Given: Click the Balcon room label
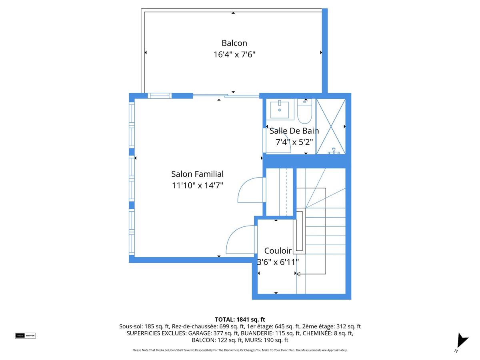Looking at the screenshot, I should [x=234, y=43].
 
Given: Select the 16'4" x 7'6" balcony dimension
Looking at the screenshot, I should [x=234, y=54].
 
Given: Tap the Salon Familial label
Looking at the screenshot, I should [x=197, y=174].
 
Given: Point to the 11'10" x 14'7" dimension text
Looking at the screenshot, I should [x=197, y=185].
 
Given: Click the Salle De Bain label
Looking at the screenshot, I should [x=294, y=131].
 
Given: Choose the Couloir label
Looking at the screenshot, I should [x=278, y=251].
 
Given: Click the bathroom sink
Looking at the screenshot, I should [x=280, y=109].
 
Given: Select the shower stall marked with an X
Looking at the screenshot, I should [x=330, y=126].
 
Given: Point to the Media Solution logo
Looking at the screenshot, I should [x=25, y=335].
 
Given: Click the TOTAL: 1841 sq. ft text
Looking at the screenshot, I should [x=240, y=319].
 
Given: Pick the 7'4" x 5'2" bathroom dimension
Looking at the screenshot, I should [x=294, y=142].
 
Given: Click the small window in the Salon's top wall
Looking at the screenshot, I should [x=160, y=96].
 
